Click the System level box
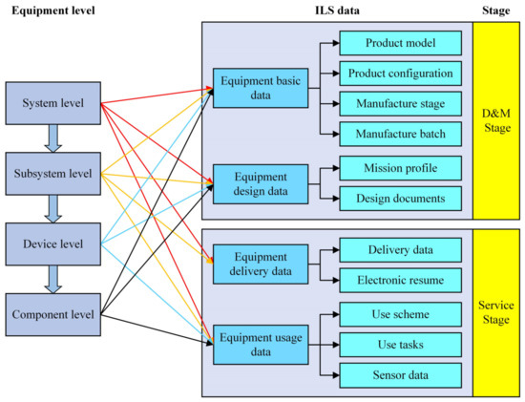tap(53, 103)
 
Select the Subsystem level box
tap(53, 173)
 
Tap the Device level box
tap(53, 243)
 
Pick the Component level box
tap(53, 313)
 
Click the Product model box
tap(401, 42)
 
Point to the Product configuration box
tap(401, 74)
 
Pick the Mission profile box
tap(401, 168)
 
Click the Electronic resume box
tap(401, 282)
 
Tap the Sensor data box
tap(401, 374)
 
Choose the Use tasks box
tap(401, 344)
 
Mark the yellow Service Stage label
tap(497, 312)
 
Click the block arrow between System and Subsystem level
tap(53, 138)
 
